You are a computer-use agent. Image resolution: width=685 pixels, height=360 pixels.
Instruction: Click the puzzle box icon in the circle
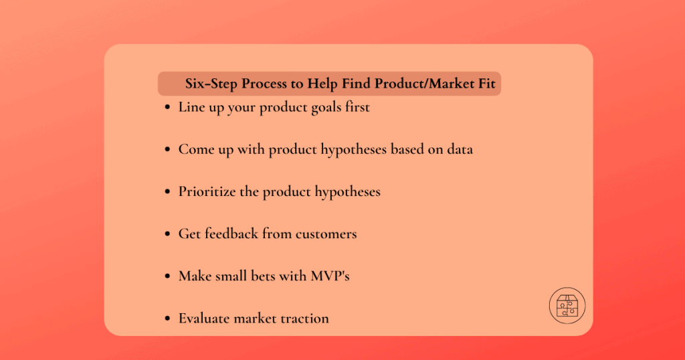[x=567, y=305]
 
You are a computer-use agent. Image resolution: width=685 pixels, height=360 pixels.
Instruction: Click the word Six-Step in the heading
[x=211, y=84]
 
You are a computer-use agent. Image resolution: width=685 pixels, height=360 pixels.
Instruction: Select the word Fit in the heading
[x=486, y=84]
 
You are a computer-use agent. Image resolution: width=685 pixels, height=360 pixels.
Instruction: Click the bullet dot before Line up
[x=167, y=107]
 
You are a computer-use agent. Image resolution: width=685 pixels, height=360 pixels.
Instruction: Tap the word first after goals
[x=357, y=107]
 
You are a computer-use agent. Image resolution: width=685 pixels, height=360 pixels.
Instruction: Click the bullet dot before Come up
[x=167, y=149]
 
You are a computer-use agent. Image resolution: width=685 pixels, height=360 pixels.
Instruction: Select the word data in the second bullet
[x=460, y=149]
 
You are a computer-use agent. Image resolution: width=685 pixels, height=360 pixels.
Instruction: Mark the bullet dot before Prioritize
[x=167, y=191]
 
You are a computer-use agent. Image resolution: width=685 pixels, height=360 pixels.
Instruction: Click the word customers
[x=326, y=234]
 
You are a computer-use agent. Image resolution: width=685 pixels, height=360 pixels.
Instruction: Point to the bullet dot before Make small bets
[x=167, y=276]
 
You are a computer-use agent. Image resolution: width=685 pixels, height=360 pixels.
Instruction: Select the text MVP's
[x=330, y=276]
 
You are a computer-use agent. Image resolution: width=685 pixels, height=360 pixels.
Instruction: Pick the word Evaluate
[x=205, y=319]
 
